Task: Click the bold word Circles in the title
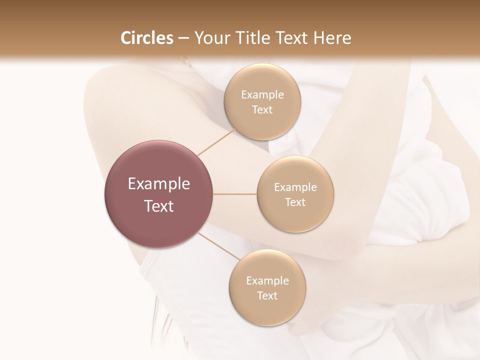pyautogui.click(x=147, y=38)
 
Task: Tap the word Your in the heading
pyautogui.click(x=210, y=38)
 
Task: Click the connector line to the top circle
pyautogui.click(x=216, y=142)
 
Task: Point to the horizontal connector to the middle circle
pyautogui.click(x=235, y=194)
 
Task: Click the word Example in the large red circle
pyautogui.click(x=159, y=184)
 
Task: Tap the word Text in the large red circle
pyautogui.click(x=159, y=206)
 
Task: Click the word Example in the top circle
pyautogui.click(x=262, y=95)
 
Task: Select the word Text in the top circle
pyautogui.click(x=262, y=110)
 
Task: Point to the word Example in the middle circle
pyautogui.click(x=295, y=187)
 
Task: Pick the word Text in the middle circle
pyautogui.click(x=295, y=202)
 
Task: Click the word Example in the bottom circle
pyautogui.click(x=267, y=281)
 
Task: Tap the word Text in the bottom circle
pyautogui.click(x=267, y=295)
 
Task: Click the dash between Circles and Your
pyautogui.click(x=183, y=38)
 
